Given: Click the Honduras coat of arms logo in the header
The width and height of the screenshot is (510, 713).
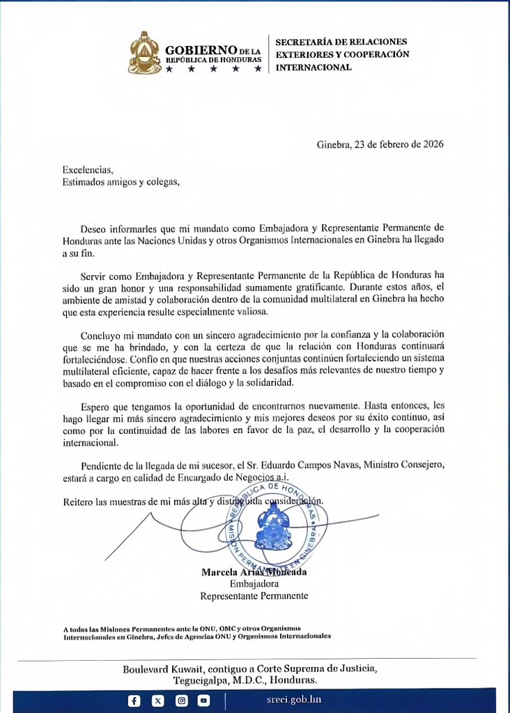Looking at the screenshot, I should (x=144, y=53).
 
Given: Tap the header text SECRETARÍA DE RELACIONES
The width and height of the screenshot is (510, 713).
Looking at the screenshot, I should (x=341, y=42).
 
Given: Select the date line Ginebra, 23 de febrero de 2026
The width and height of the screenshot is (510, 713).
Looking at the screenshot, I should (x=380, y=145).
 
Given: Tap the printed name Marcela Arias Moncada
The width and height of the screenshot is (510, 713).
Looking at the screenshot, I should (x=254, y=572).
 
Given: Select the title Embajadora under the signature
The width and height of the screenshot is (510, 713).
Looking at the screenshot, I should (x=254, y=583).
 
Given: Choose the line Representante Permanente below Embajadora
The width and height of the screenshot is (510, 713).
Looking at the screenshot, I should (x=254, y=596).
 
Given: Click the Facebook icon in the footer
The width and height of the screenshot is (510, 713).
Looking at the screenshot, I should (x=134, y=700).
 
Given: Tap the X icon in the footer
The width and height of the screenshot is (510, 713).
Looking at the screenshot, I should (x=157, y=700).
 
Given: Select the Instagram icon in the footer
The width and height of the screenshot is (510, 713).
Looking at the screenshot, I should (x=181, y=700).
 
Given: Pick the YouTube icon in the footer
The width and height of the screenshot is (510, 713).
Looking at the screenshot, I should (x=203, y=700).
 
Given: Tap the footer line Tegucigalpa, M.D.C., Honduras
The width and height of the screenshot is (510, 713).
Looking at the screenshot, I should (x=255, y=680).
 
